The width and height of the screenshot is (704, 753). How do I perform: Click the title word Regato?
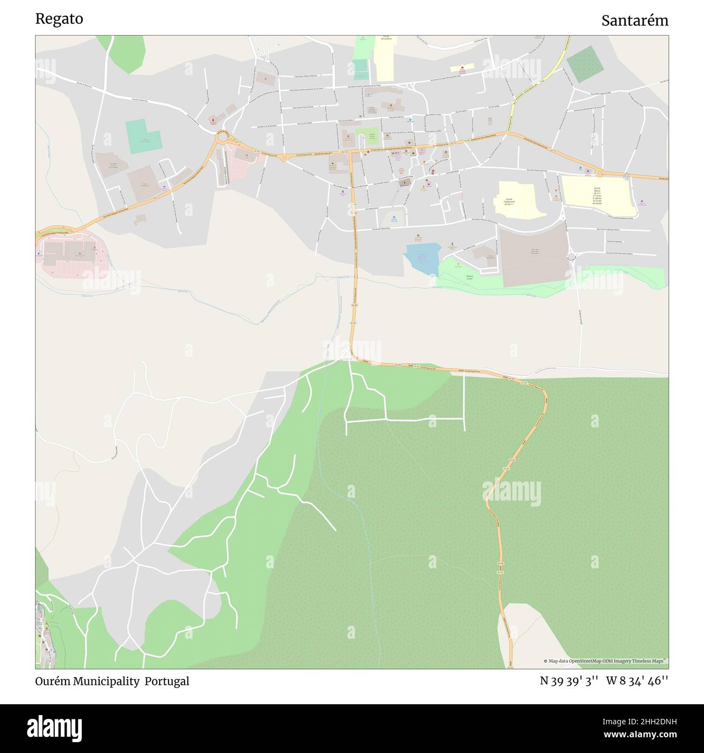(x=59, y=19)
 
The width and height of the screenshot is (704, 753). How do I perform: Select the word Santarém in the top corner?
(x=635, y=21)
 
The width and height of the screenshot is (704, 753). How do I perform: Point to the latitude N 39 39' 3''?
(x=569, y=681)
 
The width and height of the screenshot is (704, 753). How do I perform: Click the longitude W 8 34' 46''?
(x=637, y=681)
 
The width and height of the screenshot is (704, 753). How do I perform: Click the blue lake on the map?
(x=422, y=257)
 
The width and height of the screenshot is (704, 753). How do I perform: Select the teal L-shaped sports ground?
(x=142, y=136)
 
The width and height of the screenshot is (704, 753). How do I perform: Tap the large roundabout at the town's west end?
(x=222, y=137)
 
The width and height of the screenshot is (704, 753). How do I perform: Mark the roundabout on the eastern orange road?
(x=599, y=173)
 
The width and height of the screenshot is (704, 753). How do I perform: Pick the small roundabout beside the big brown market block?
(x=571, y=256)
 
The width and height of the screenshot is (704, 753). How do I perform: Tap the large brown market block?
(x=533, y=255)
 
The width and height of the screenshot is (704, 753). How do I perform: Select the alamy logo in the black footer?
(x=55, y=728)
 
